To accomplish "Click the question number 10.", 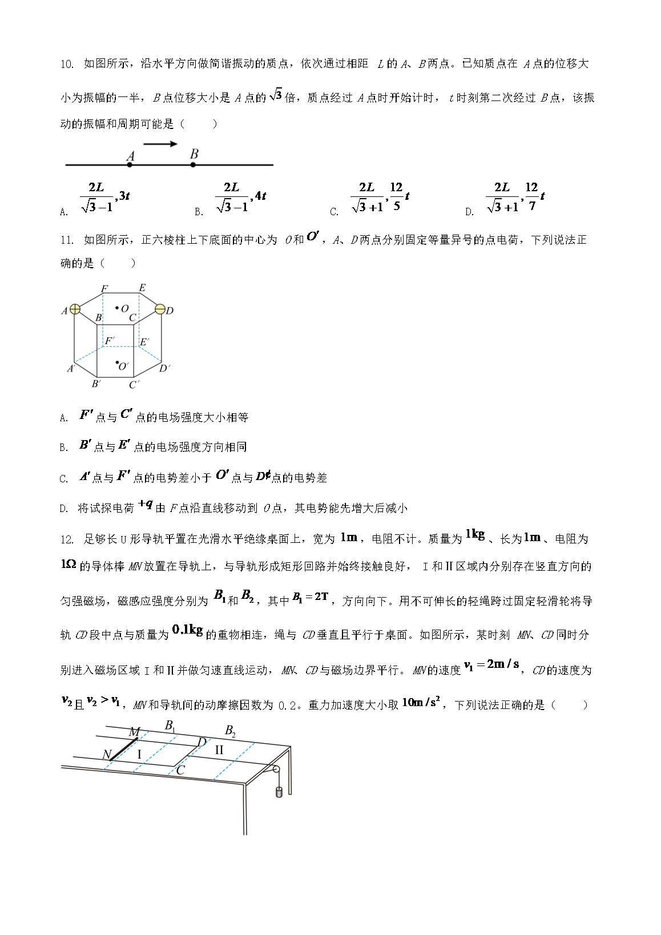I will tap(67, 65).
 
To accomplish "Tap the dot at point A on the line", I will tap(130, 165).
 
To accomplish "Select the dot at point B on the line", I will tap(193, 165).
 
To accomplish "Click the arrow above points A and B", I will tap(160, 144).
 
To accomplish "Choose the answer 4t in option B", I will tap(260, 196).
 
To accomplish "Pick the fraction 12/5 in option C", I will tap(396, 196).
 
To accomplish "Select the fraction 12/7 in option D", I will tap(531, 196).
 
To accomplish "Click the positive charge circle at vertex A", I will tap(75, 310).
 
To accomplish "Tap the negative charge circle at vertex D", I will tap(160, 310).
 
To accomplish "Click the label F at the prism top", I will tap(104, 289).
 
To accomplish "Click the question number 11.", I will tap(67, 240).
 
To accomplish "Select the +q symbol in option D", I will tap(146, 504).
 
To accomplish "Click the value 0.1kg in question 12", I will tap(187, 630).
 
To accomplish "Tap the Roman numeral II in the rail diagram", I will tap(219, 750).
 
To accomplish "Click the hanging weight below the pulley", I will tap(279, 792).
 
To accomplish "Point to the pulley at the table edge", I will tap(276, 770).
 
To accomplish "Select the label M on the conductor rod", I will tap(134, 732).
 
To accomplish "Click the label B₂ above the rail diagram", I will tap(230, 731).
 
